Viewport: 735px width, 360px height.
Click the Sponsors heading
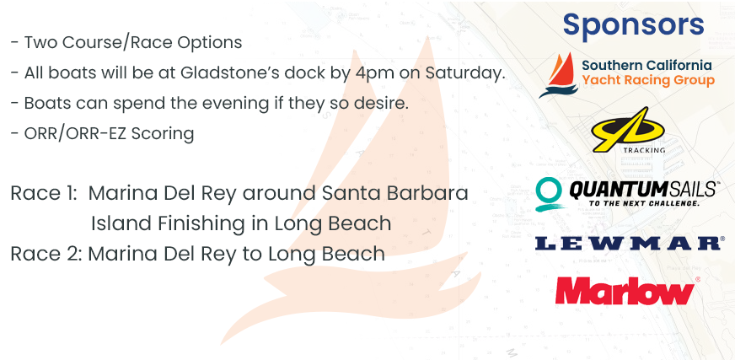pyautogui.click(x=633, y=25)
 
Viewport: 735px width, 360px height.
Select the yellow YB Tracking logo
pyautogui.click(x=628, y=129)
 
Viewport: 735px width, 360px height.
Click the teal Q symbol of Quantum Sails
pyautogui.click(x=549, y=195)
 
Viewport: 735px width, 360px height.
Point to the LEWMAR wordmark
pyautogui.click(x=628, y=244)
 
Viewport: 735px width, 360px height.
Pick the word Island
pyautogui.click(x=121, y=223)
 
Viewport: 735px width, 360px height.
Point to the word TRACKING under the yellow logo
pyautogui.click(x=645, y=150)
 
